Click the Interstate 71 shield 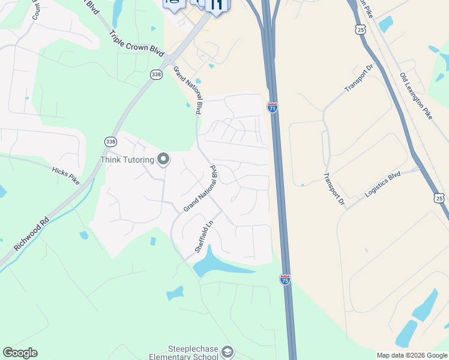[273, 107]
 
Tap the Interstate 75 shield [285, 279]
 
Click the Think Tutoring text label [127, 160]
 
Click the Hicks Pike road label [65, 175]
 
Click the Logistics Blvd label [382, 185]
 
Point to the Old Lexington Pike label [416, 96]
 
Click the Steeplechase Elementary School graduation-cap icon [227, 352]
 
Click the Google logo [20, 353]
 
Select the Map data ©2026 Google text [411, 355]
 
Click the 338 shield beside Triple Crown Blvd [157, 74]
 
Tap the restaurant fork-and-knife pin [217, 5]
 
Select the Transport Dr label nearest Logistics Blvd [333, 190]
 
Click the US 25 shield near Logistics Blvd [440, 197]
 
